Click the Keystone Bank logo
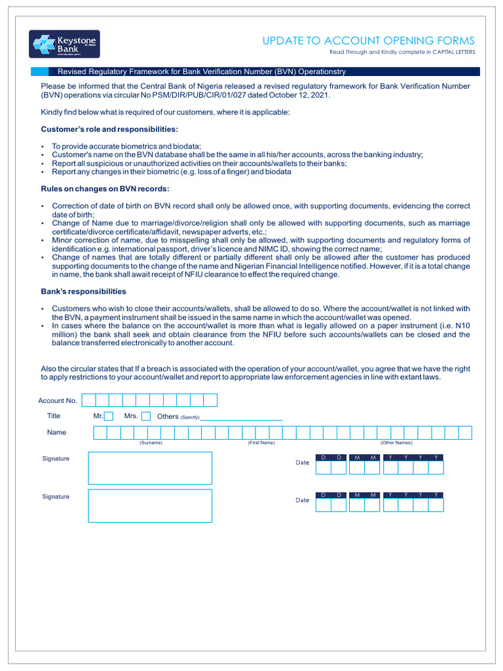(x=64, y=44)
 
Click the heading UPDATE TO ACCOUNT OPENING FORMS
(x=369, y=41)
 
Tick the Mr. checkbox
(x=109, y=416)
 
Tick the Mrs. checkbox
(x=146, y=416)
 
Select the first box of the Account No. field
(x=88, y=400)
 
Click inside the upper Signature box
(x=150, y=468)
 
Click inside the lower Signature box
(x=150, y=505)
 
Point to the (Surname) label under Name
(x=151, y=443)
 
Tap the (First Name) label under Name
(x=261, y=443)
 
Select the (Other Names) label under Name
(x=396, y=443)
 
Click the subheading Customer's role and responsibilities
(x=109, y=129)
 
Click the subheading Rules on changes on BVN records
(x=105, y=189)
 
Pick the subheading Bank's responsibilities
(x=84, y=292)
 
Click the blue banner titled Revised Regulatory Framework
(x=255, y=71)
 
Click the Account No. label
(x=58, y=400)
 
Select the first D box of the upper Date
(x=323, y=467)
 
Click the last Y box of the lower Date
(x=436, y=505)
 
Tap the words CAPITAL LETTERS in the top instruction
(x=453, y=52)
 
